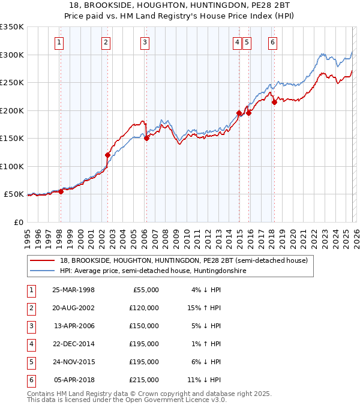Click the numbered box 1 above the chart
(60, 42)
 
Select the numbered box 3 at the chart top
(145, 42)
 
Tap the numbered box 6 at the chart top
(272, 42)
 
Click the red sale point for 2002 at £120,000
(108, 155)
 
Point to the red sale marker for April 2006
(146, 138)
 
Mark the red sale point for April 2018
(274, 102)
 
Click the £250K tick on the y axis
(12, 83)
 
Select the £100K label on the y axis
(12, 166)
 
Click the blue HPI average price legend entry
(153, 271)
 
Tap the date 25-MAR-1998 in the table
(74, 290)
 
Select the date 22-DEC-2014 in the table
(74, 344)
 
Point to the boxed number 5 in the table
(29, 362)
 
